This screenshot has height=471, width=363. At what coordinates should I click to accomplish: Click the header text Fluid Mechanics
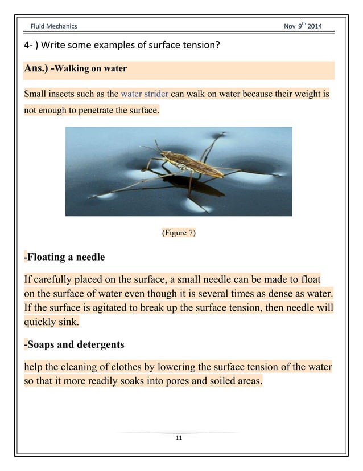53,26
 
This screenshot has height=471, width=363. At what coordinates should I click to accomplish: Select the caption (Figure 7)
179,233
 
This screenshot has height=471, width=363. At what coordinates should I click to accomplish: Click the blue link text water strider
145,94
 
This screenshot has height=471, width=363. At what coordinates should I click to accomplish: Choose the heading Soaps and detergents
75,345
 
